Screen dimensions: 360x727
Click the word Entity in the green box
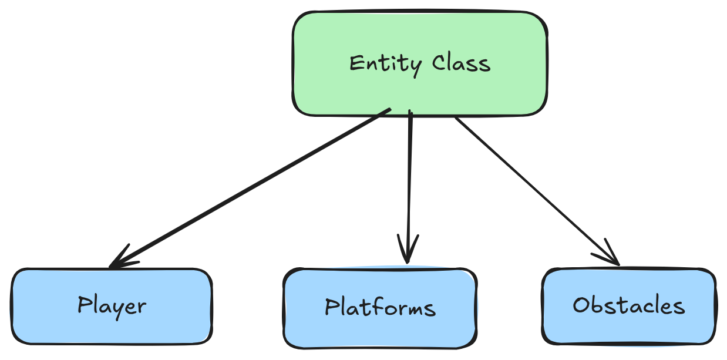point(384,64)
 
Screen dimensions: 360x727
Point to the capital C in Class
point(439,62)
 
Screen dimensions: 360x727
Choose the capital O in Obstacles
point(581,305)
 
